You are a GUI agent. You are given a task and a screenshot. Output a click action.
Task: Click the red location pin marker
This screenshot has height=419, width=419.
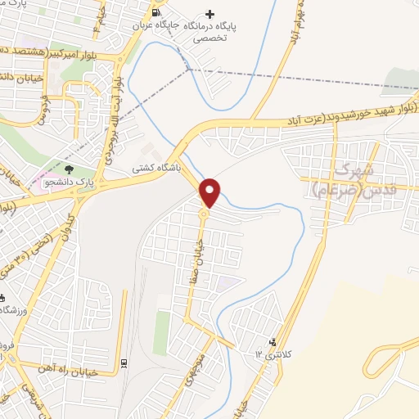[x=210, y=191]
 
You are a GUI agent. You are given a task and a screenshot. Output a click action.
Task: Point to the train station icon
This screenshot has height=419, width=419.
[x=124, y=363]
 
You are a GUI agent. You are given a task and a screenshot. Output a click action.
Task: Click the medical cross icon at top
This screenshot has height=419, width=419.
[x=210, y=14]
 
